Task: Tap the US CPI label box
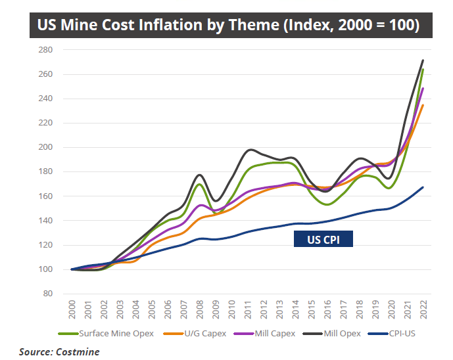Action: (323, 240)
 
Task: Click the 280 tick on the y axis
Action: (45, 50)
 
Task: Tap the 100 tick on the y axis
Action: (45, 269)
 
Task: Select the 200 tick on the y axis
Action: (45, 147)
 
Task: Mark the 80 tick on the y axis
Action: (47, 294)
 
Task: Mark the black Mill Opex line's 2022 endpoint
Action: (422, 60)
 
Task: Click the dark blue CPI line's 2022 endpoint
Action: (422, 187)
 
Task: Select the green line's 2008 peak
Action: (199, 184)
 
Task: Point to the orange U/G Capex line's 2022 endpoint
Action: (422, 105)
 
